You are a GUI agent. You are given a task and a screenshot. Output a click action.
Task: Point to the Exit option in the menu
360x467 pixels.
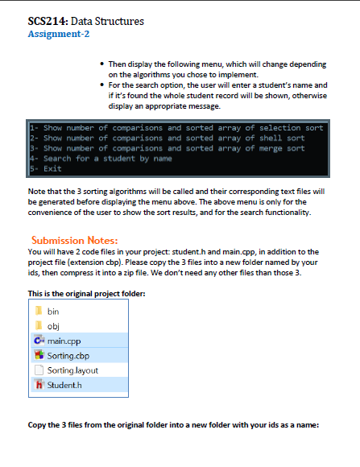tap(48, 169)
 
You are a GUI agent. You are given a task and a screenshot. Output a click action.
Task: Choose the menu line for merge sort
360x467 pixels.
tap(168, 149)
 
